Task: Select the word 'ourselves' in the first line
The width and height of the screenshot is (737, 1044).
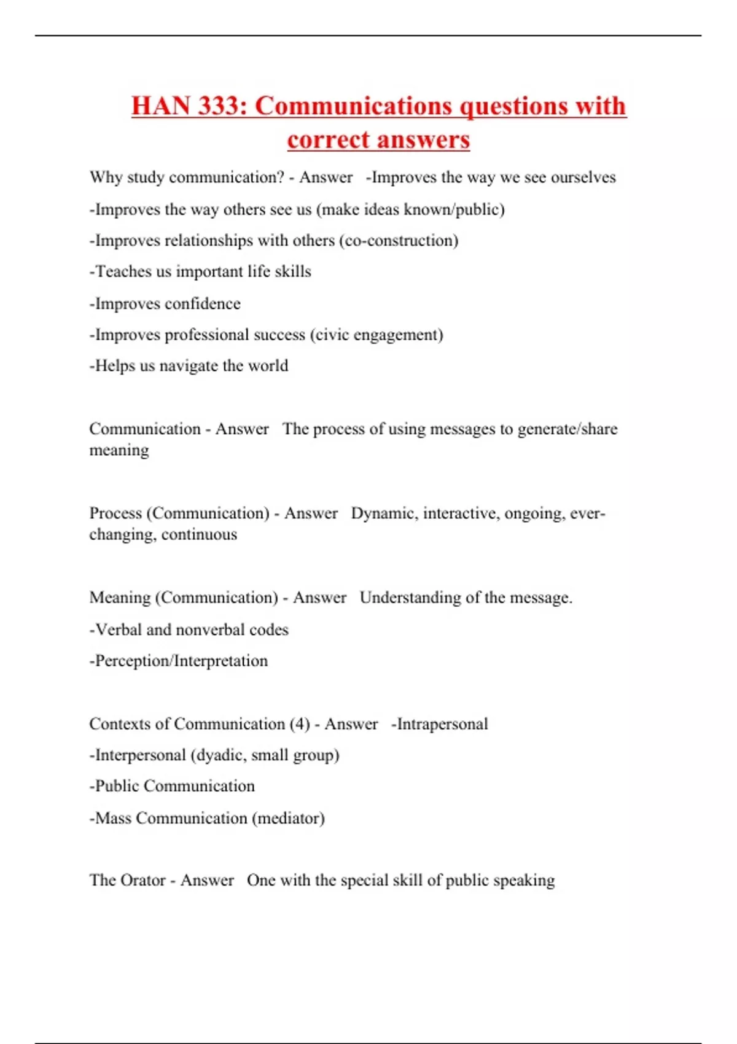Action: (583, 177)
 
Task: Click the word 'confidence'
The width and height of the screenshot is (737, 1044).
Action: (203, 303)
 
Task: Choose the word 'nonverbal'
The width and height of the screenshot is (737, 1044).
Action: (210, 629)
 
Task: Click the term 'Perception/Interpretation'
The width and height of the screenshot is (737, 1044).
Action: (181, 661)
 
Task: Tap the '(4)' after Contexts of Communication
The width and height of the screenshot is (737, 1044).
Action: (300, 724)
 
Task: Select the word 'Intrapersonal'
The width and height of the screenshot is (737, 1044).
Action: (442, 724)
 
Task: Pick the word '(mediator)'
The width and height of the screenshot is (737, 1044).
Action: (288, 818)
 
